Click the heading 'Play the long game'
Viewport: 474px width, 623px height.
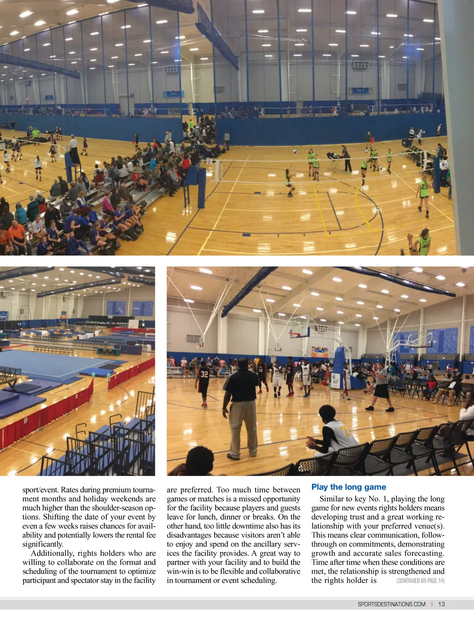click(348, 487)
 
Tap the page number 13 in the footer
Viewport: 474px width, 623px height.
click(441, 604)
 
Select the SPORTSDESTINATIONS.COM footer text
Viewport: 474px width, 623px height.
click(391, 604)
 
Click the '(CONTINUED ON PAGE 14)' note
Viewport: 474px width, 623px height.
click(420, 581)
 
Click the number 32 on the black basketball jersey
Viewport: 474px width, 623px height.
click(204, 374)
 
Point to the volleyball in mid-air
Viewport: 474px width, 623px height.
click(295, 151)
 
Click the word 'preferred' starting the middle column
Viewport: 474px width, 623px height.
click(196, 490)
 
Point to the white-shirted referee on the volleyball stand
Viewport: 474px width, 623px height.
click(73, 145)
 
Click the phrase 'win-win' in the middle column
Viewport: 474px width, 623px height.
click(180, 572)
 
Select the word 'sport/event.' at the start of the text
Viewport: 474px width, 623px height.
click(40, 490)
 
